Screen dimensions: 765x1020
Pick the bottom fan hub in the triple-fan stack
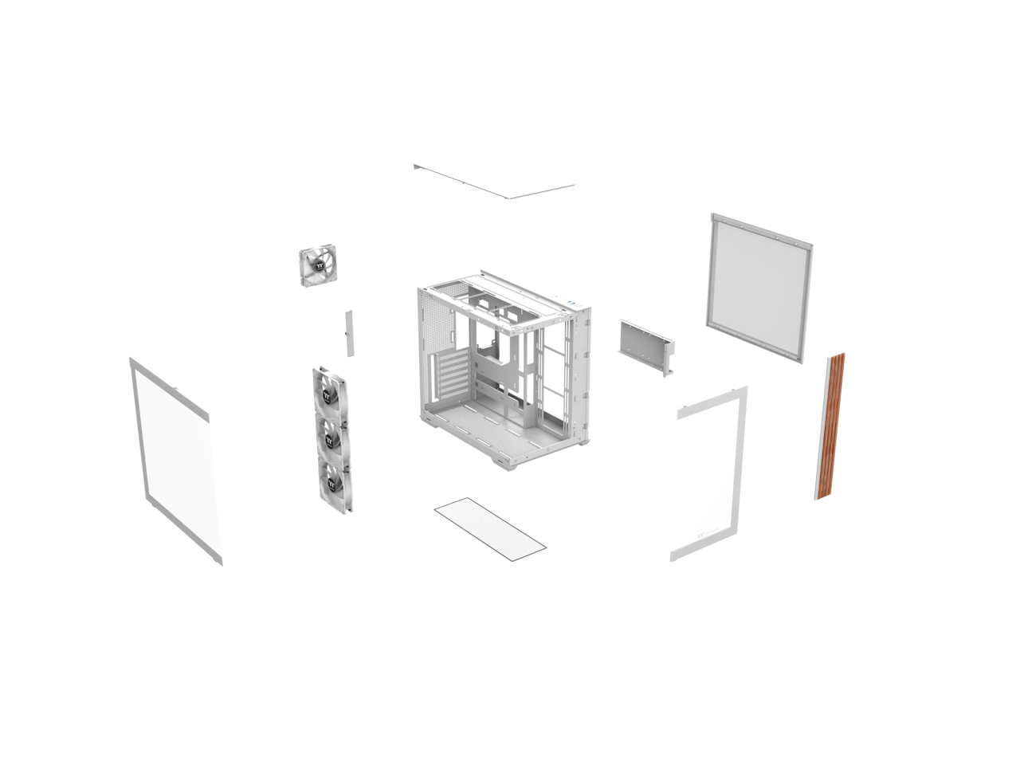coord(333,478)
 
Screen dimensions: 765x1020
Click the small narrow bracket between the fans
coord(348,331)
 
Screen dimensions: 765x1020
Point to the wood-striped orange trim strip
coord(830,426)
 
